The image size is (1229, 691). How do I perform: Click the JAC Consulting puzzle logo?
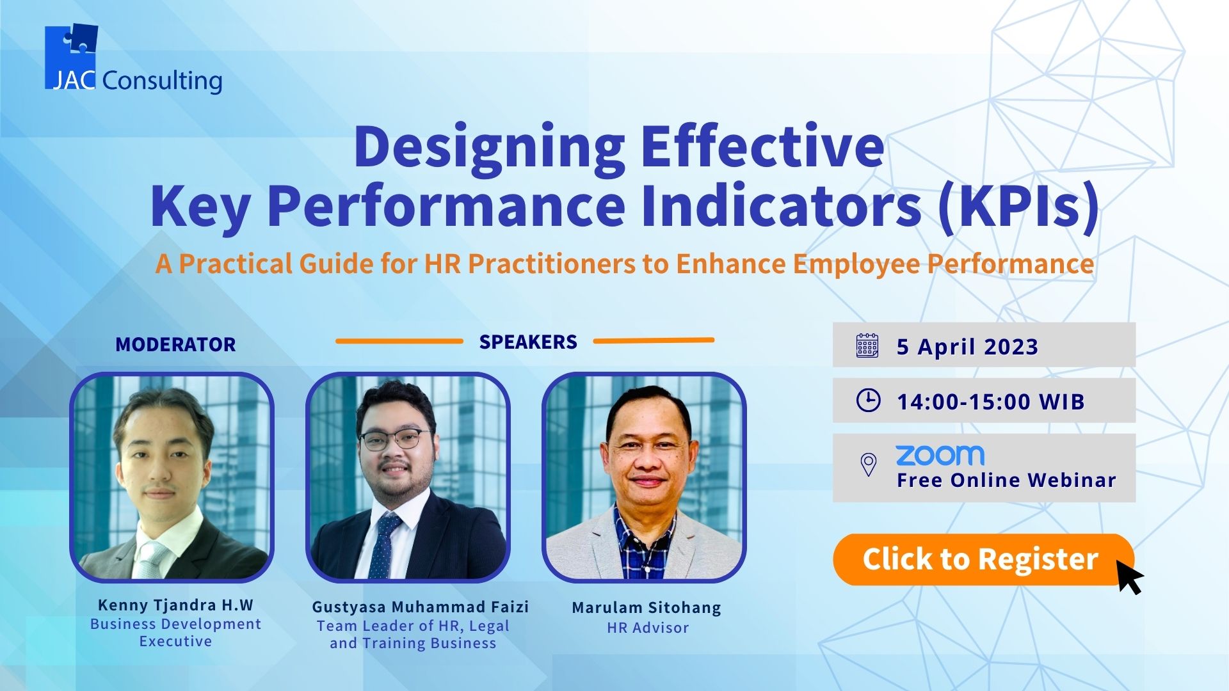pos(71,56)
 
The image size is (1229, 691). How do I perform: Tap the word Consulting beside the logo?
pos(162,81)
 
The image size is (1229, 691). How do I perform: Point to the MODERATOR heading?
pos(175,344)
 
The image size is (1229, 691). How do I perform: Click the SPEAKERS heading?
pos(528,342)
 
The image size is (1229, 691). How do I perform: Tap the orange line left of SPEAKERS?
pos(399,341)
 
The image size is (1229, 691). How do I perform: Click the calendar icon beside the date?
pos(867,345)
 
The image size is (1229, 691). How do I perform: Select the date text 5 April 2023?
pos(967,346)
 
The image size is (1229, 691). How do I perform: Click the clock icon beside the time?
pos(868,400)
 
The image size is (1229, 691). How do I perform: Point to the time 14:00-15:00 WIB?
pos(990,402)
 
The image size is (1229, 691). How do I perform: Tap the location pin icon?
pos(868,465)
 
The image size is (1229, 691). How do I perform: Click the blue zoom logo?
pos(940,455)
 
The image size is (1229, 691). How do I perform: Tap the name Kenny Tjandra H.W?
pos(175,605)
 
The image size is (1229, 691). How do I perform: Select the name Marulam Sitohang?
pos(647,607)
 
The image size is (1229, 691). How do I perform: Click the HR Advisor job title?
pos(648,628)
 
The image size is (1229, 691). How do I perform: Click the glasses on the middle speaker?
pos(391,439)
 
